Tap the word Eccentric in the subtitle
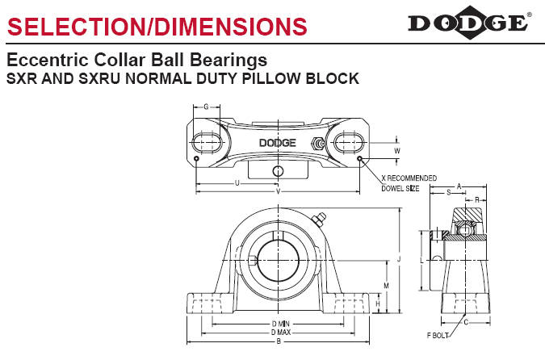tap(48, 60)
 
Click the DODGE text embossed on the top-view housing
tap(278, 143)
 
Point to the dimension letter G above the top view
tap(206, 107)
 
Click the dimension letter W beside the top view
tap(397, 151)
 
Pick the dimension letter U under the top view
tap(237, 182)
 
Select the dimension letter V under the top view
tap(278, 191)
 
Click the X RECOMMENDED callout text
tap(409, 178)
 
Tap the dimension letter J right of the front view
tap(399, 259)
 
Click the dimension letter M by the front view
tap(386, 286)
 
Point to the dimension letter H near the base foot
tap(378, 303)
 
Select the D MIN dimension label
tap(280, 324)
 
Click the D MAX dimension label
tap(281, 333)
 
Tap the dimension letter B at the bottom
tap(279, 341)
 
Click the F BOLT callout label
tap(438, 335)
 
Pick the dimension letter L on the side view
tap(422, 261)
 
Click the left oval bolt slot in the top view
tap(207, 143)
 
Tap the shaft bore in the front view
tap(278, 261)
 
